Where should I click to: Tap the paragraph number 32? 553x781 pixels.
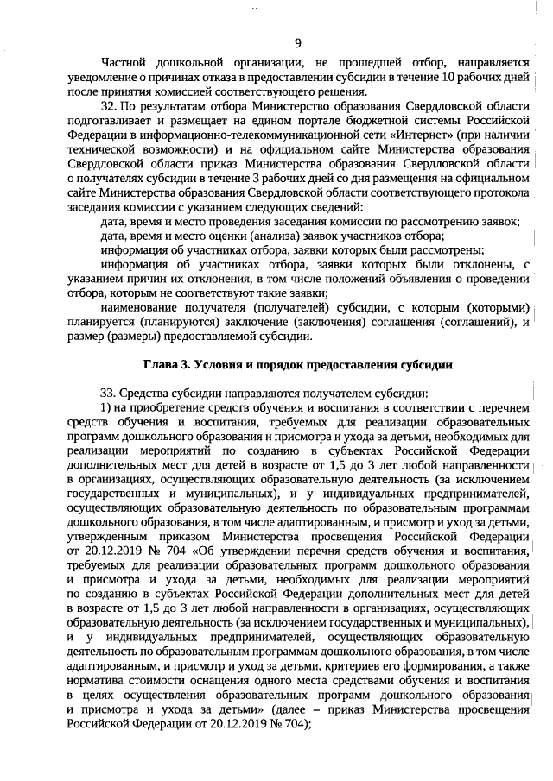pyautogui.click(x=110, y=104)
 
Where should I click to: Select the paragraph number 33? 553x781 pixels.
pyautogui.click(x=110, y=393)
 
